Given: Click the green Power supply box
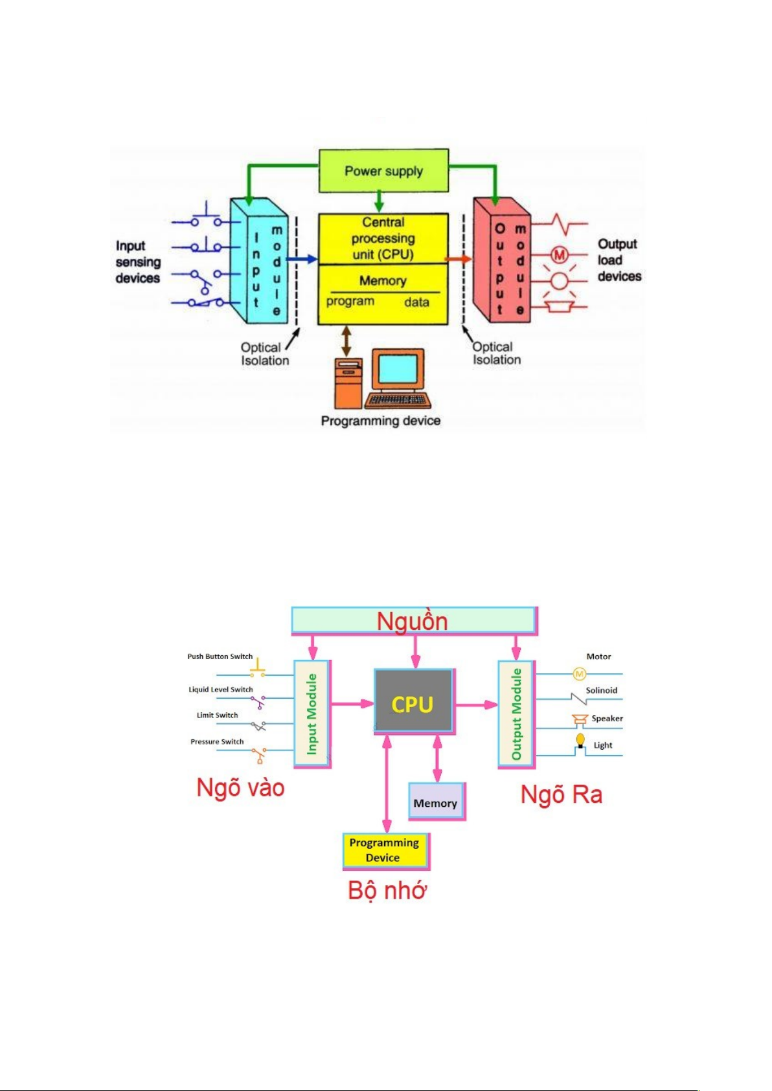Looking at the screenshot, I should click(x=383, y=171).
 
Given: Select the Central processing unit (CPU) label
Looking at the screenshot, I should click(x=383, y=238).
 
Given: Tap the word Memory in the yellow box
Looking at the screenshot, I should click(x=383, y=281).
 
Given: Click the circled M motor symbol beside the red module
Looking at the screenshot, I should click(x=559, y=254).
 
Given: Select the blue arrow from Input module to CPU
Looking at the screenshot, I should click(x=302, y=259).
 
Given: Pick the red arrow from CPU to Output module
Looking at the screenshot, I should click(x=459, y=259).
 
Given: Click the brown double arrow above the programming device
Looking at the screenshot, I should click(x=346, y=341).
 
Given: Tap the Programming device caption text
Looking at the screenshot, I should click(x=381, y=421).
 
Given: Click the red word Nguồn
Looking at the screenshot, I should click(x=413, y=622).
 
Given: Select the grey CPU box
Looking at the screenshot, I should click(x=413, y=702).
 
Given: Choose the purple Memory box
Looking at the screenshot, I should click(x=436, y=802).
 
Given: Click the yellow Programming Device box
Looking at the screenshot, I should click(x=385, y=850).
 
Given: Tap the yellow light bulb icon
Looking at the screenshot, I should click(x=580, y=739).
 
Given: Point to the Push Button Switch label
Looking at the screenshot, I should click(x=220, y=657).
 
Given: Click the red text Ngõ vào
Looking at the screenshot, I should click(x=240, y=788).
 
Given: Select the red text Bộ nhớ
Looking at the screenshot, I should click(x=387, y=890).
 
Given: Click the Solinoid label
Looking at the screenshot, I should click(x=602, y=690).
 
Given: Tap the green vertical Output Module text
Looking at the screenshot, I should click(x=516, y=714).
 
